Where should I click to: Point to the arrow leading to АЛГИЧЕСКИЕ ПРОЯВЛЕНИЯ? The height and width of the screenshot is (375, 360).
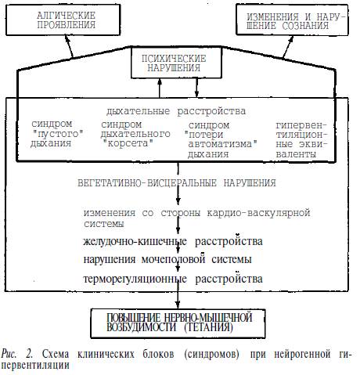click(x=69, y=46)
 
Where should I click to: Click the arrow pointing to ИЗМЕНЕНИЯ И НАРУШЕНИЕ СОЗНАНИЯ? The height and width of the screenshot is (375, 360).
click(x=288, y=46)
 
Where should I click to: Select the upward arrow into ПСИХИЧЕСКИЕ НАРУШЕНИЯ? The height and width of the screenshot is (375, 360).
click(x=160, y=88)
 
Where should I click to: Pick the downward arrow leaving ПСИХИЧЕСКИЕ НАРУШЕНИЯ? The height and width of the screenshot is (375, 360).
click(x=196, y=88)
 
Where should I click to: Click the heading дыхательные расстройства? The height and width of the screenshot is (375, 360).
click(x=176, y=111)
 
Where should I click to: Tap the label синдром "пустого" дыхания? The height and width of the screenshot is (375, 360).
click(x=57, y=134)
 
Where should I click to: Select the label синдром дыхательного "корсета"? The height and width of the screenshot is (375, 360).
click(x=135, y=134)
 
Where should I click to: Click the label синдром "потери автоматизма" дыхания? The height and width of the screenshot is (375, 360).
click(x=221, y=139)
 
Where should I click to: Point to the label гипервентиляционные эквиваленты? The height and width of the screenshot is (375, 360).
click(x=301, y=139)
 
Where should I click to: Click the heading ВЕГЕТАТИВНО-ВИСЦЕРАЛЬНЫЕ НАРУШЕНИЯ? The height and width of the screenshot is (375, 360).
click(x=177, y=183)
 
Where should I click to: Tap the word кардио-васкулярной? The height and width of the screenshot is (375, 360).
click(x=258, y=213)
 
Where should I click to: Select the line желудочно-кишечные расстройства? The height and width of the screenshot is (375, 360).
click(x=173, y=241)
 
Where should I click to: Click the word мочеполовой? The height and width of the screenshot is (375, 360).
click(x=173, y=260)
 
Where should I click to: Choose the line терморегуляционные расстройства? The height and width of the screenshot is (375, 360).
click(x=173, y=279)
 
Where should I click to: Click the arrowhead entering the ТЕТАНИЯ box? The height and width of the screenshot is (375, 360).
click(x=178, y=305)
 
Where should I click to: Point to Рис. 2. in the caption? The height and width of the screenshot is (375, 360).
click(x=17, y=354)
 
